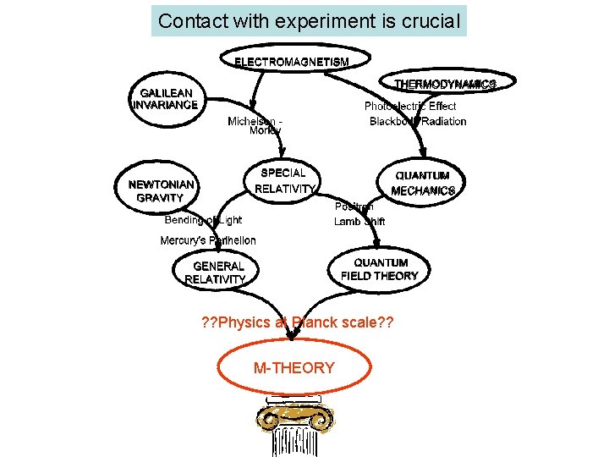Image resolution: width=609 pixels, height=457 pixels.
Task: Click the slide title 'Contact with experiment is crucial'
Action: point(309,21)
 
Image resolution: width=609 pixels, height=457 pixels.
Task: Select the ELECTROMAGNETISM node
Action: point(291,61)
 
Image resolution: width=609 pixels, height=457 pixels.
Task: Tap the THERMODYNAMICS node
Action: point(444,84)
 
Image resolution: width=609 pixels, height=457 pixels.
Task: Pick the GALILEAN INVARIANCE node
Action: point(166,99)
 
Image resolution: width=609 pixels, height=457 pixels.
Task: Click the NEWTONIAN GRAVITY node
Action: point(161,190)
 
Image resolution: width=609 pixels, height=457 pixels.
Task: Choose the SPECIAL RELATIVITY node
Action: point(284,180)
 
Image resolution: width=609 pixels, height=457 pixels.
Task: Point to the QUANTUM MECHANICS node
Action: point(423,184)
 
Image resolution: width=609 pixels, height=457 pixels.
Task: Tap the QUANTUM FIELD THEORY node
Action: point(380,269)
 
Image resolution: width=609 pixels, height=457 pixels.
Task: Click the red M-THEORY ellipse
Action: point(294,368)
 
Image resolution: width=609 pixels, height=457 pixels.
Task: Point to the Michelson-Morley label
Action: point(255,126)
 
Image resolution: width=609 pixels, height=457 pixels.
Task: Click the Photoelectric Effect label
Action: point(410,106)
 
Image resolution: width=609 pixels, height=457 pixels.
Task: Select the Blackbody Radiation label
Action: point(418,121)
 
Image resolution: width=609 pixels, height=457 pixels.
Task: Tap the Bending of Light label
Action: point(203,220)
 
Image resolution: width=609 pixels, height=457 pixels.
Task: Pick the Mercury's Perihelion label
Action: point(208,241)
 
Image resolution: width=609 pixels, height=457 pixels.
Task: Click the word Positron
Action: point(354,206)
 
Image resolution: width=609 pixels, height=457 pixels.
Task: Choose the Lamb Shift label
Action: point(359,222)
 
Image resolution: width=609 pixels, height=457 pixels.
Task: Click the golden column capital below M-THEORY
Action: point(295,417)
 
